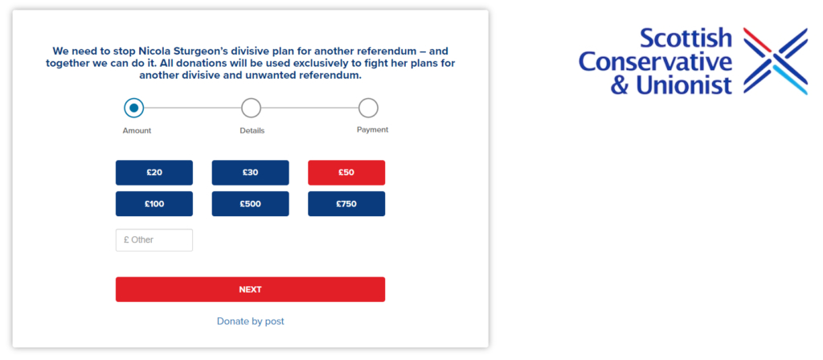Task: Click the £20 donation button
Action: pos(154,173)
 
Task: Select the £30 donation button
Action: pos(251,173)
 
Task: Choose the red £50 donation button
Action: pos(346,173)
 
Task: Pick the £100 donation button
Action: pos(154,203)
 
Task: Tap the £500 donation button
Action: pos(251,203)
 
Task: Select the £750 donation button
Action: pos(346,203)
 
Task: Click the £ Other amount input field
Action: pos(154,239)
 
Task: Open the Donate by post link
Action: pos(251,321)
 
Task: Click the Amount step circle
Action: pos(134,108)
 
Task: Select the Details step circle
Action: pos(251,108)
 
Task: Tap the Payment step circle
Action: pos(368,108)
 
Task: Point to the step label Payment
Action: pos(373,129)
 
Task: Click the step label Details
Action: pos(252,131)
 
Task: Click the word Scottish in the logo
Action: pos(686,39)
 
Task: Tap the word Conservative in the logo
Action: pos(656,61)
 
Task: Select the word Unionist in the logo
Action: pos(684,84)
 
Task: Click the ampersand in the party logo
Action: pos(620,85)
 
